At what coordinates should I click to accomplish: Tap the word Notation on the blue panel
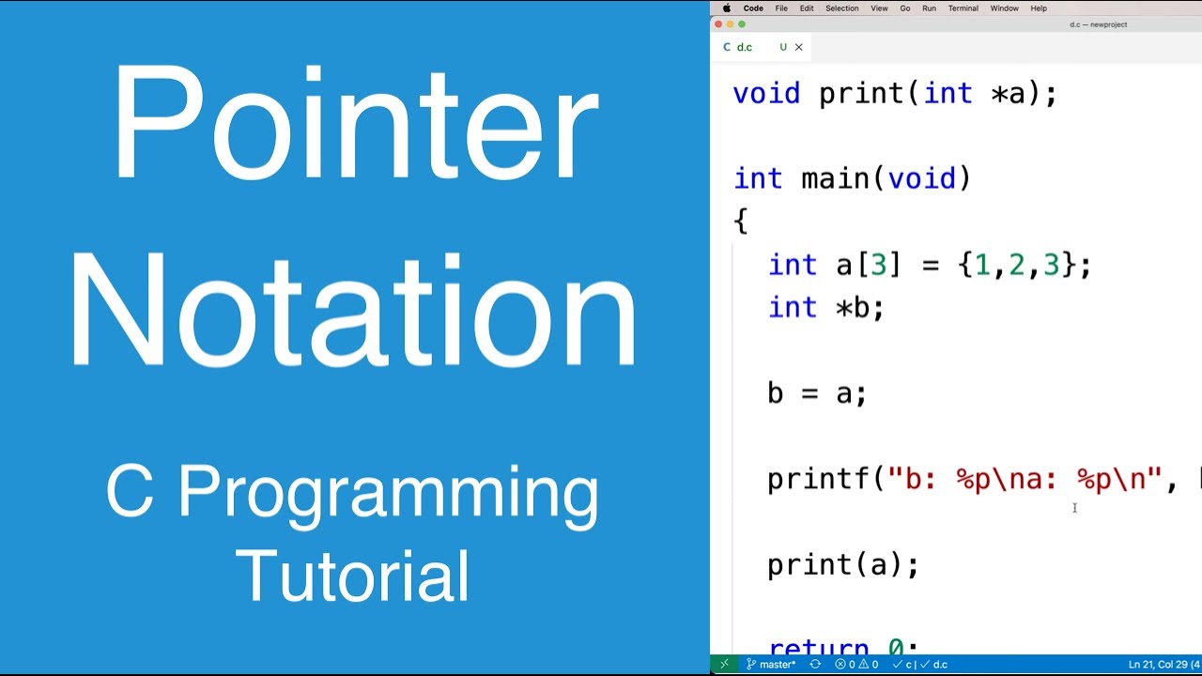coord(353,310)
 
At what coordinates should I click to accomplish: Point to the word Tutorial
coord(353,575)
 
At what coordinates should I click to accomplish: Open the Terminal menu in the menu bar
coord(963,8)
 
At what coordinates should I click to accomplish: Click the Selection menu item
coord(841,8)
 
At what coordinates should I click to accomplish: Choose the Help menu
coord(1039,8)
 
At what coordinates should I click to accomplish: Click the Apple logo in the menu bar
coord(726,8)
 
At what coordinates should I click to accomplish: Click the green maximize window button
coord(742,24)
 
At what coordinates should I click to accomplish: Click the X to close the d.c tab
coord(799,47)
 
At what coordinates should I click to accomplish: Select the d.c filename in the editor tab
coord(745,47)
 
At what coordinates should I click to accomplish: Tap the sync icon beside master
coord(815,665)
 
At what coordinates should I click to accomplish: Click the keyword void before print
coord(766,94)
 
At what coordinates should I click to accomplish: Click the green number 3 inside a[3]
coord(878,265)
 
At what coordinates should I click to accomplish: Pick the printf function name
coord(819,479)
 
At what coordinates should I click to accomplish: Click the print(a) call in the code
coord(842,564)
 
